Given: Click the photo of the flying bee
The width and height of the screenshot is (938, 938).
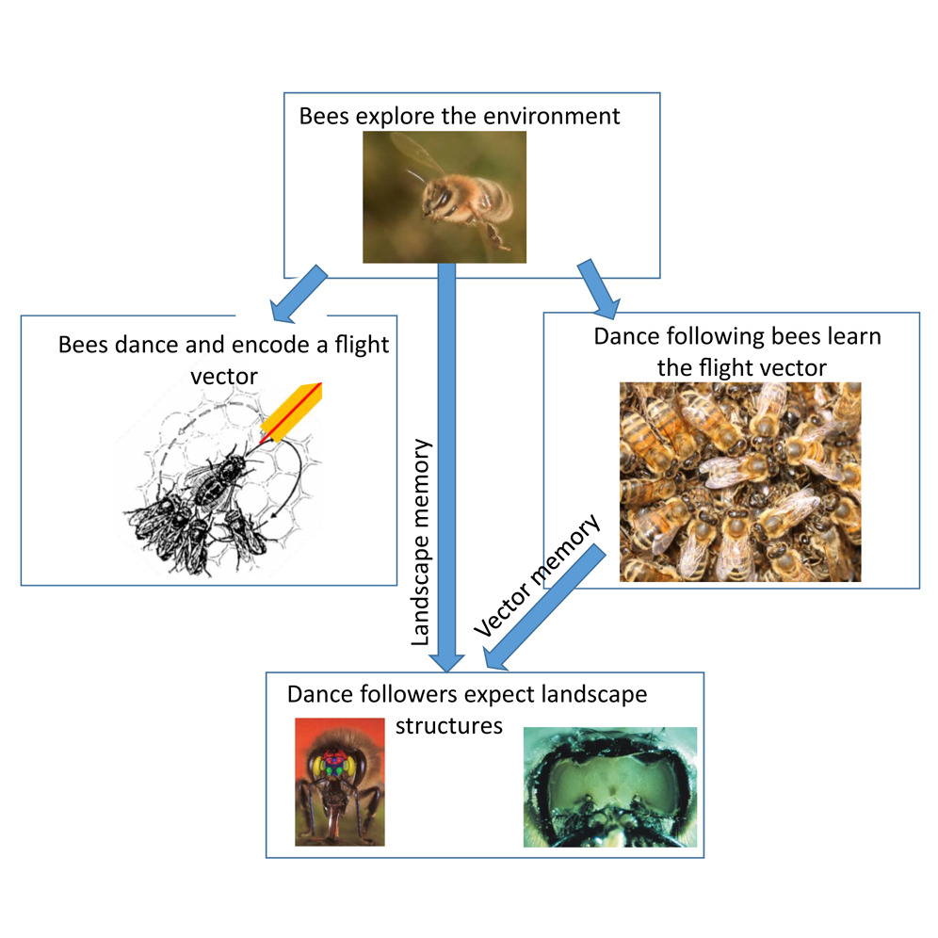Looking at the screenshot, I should point(444,196).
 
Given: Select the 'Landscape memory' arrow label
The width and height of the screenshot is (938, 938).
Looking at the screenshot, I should point(421,542).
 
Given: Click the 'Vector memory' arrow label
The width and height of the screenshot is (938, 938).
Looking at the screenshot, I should point(537,576).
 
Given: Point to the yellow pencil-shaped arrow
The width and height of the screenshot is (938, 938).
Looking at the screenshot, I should point(289,411).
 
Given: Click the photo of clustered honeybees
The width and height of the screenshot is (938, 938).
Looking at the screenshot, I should point(739,481).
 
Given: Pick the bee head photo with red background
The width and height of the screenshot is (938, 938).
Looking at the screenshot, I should point(339,782).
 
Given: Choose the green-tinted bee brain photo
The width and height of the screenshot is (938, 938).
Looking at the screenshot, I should point(609,786).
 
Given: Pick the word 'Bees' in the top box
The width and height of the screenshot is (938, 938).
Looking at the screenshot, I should point(323,117).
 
